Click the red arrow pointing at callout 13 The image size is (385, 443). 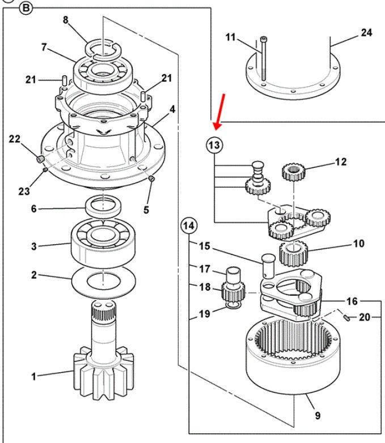[x=220, y=112]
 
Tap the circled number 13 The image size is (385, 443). [x=214, y=145]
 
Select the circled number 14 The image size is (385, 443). [x=189, y=225]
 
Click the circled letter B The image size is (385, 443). [x=26, y=8]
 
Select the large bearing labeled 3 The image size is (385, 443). [x=103, y=242]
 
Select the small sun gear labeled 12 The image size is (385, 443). [x=294, y=172]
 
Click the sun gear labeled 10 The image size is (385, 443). [x=294, y=254]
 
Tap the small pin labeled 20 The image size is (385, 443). [x=347, y=318]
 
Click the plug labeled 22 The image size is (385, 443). [x=40, y=159]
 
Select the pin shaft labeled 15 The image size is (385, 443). [x=268, y=266]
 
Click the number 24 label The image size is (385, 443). [x=366, y=32]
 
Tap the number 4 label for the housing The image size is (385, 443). [x=172, y=109]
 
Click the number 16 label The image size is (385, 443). [x=352, y=301]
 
